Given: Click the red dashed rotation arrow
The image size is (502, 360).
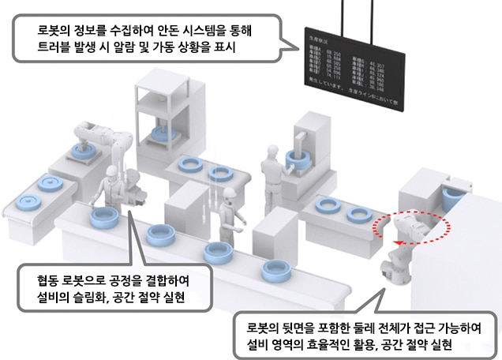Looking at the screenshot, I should pos(414,226).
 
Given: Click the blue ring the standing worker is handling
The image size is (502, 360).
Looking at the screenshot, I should pos(297,158).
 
